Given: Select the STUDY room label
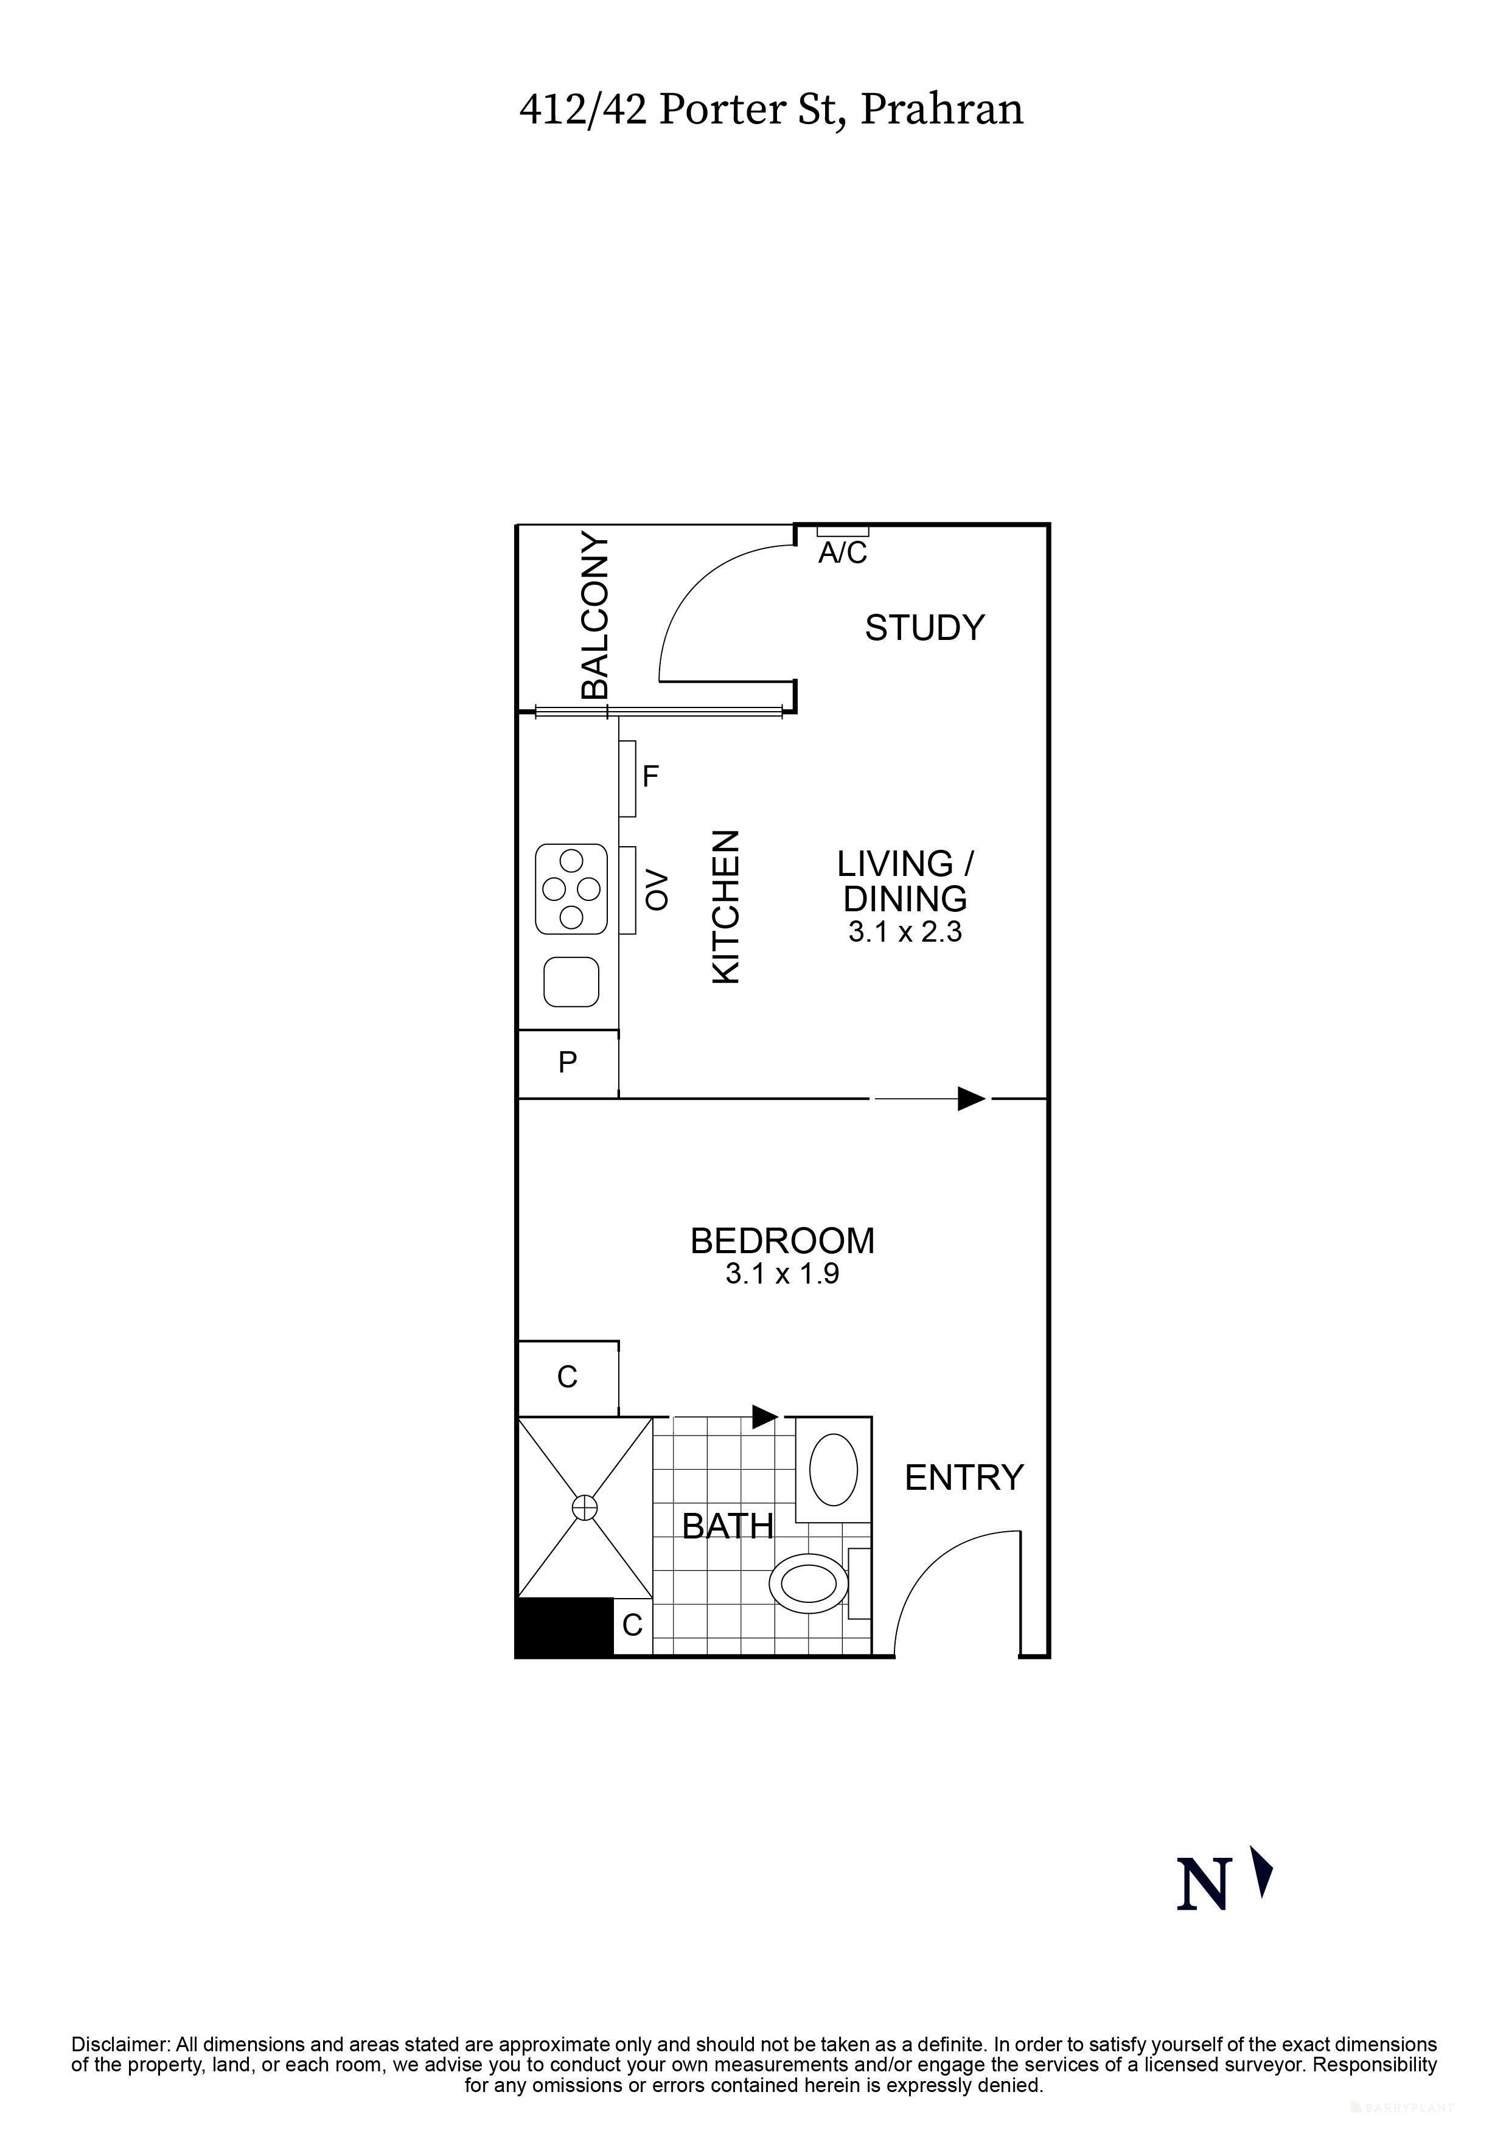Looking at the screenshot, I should pyautogui.click(x=924, y=628).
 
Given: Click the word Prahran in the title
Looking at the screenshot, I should pyautogui.click(x=941, y=109).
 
